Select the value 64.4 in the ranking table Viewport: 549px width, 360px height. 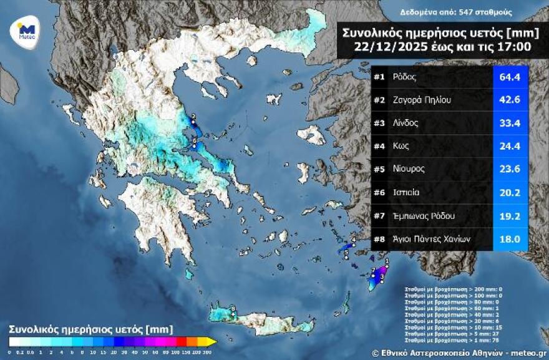click(x=510, y=78)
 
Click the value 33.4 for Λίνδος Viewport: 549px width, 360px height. click(x=510, y=124)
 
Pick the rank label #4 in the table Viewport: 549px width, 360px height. click(x=379, y=147)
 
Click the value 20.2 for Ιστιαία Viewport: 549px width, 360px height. click(x=510, y=193)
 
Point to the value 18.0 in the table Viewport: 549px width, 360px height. click(x=510, y=239)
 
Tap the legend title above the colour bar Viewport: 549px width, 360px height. click(x=90, y=328)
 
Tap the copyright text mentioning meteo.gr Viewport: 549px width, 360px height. click(x=458, y=353)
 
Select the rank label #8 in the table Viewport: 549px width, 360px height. click(x=379, y=239)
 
